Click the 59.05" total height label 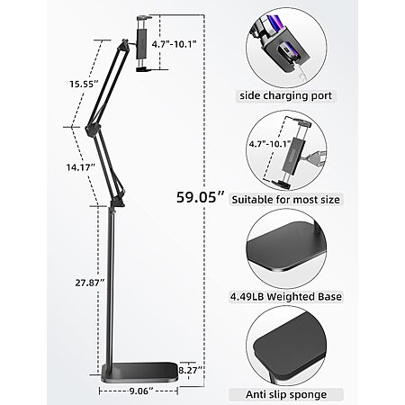tap(200, 197)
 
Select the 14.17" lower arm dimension tap(81, 167)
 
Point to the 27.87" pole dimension tap(90, 283)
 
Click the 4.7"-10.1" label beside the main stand tap(174, 44)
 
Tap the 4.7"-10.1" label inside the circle tap(270, 144)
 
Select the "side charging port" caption tap(285, 96)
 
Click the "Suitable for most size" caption tap(286, 200)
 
